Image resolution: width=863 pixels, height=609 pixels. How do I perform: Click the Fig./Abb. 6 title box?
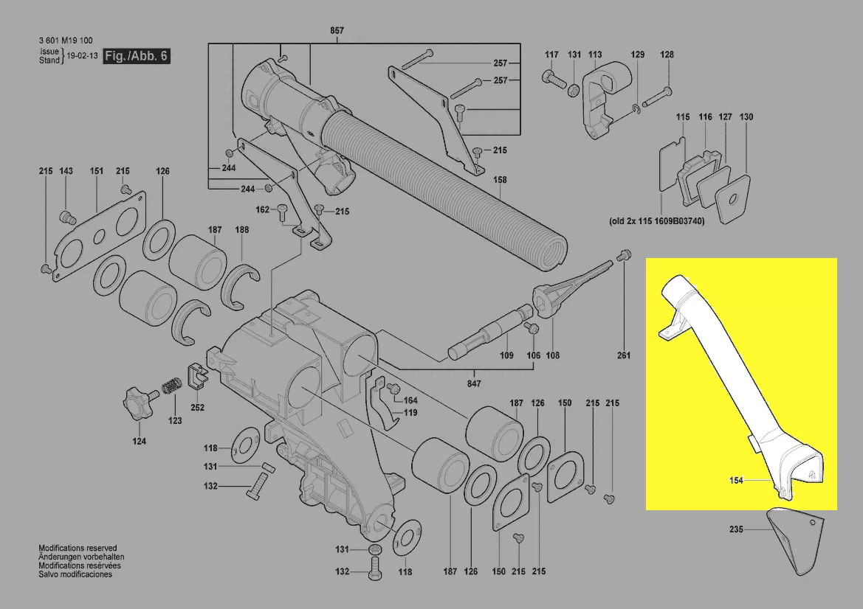pos(137,56)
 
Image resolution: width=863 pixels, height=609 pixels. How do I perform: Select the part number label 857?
pos(337,31)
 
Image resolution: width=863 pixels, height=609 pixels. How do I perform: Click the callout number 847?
pos(474,384)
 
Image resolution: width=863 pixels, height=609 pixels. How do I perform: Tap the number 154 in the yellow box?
pos(735,481)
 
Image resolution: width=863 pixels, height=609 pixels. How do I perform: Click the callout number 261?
pos(624,356)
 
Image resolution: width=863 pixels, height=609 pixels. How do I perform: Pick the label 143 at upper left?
pos(66,171)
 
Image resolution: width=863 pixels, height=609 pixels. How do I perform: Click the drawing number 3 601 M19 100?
pos(66,41)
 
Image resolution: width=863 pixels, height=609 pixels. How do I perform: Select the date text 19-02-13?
pos(82,56)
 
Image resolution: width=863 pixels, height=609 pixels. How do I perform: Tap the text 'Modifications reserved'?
pos(78,549)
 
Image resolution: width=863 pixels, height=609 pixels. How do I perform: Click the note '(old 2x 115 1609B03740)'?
pos(656,221)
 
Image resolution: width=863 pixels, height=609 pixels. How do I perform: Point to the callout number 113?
pos(595,55)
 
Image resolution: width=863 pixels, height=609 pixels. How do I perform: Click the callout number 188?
pos(242,230)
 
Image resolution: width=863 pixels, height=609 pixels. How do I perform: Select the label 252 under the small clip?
pos(197,407)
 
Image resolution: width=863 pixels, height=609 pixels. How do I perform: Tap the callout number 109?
pos(506,356)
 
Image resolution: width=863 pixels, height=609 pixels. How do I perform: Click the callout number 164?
pos(410,400)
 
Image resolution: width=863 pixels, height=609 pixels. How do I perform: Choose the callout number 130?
pos(746,117)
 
